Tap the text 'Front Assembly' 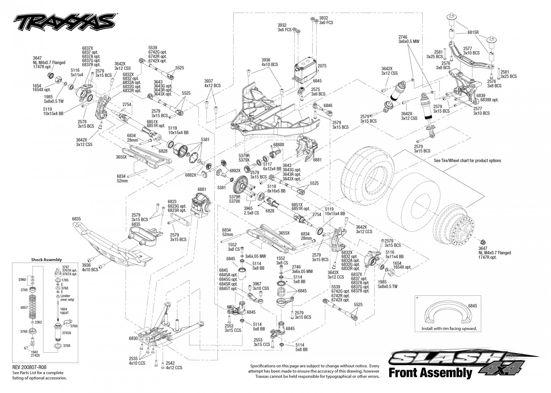(x=430, y=373)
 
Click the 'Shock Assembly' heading (x=46, y=259)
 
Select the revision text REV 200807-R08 (x=29, y=367)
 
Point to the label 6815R (x=473, y=32)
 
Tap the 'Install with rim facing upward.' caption (x=449, y=328)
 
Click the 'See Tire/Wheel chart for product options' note (x=467, y=160)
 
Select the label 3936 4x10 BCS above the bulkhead (x=270, y=62)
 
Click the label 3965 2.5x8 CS (x=251, y=211)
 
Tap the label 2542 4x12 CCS (x=174, y=365)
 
